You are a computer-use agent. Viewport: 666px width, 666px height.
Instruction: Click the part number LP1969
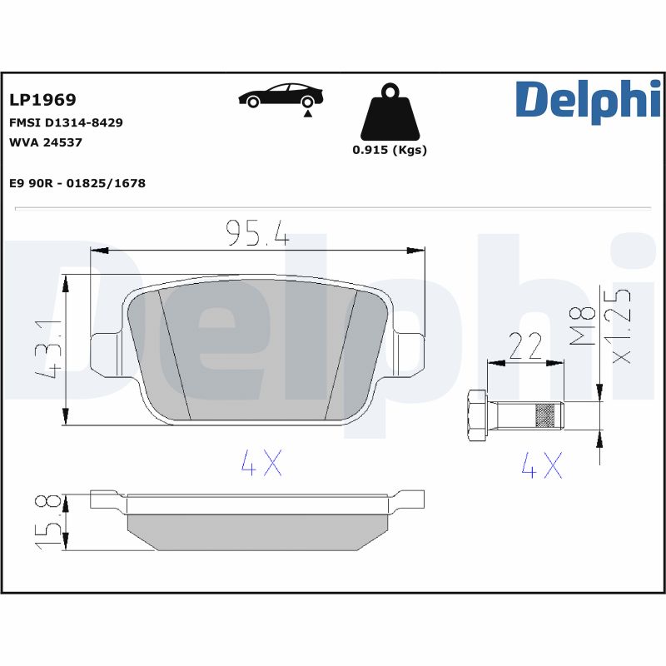pyautogui.click(x=42, y=100)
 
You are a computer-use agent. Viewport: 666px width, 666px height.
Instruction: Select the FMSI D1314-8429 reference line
pyautogui.click(x=66, y=122)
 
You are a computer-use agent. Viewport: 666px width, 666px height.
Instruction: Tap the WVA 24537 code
pyautogui.click(x=45, y=142)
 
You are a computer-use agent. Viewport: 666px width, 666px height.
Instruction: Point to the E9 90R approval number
pyautogui.click(x=77, y=183)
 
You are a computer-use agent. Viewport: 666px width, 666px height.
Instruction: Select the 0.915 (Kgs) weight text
pyautogui.click(x=389, y=151)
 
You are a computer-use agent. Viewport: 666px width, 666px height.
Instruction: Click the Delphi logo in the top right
pyautogui.click(x=587, y=102)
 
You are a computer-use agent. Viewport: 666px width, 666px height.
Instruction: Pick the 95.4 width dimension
pyautogui.click(x=257, y=234)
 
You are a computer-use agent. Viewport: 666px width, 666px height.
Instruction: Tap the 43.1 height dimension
pyautogui.click(x=48, y=348)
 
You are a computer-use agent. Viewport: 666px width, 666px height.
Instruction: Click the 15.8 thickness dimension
pyautogui.click(x=48, y=520)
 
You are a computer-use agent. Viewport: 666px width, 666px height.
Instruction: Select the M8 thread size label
pyautogui.click(x=586, y=326)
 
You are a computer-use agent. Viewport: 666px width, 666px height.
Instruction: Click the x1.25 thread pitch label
pyautogui.click(x=620, y=326)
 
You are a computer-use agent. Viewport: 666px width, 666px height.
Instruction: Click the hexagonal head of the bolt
pyautogui.click(x=477, y=414)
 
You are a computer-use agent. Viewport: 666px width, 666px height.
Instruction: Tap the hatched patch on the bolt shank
pyautogui.click(x=545, y=414)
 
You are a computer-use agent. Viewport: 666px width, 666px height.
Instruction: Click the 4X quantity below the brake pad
pyautogui.click(x=261, y=465)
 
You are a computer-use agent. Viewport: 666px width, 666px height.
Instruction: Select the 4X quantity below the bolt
pyautogui.click(x=542, y=465)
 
